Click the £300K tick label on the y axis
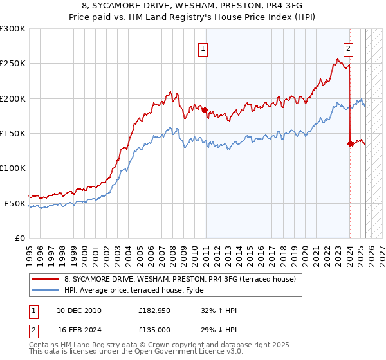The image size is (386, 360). (13, 29)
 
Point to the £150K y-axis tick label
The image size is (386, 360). (13, 134)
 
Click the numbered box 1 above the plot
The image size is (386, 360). (203, 47)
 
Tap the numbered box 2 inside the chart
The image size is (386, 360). (348, 47)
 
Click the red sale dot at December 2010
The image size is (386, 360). (205, 111)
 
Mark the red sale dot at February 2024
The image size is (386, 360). (350, 144)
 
